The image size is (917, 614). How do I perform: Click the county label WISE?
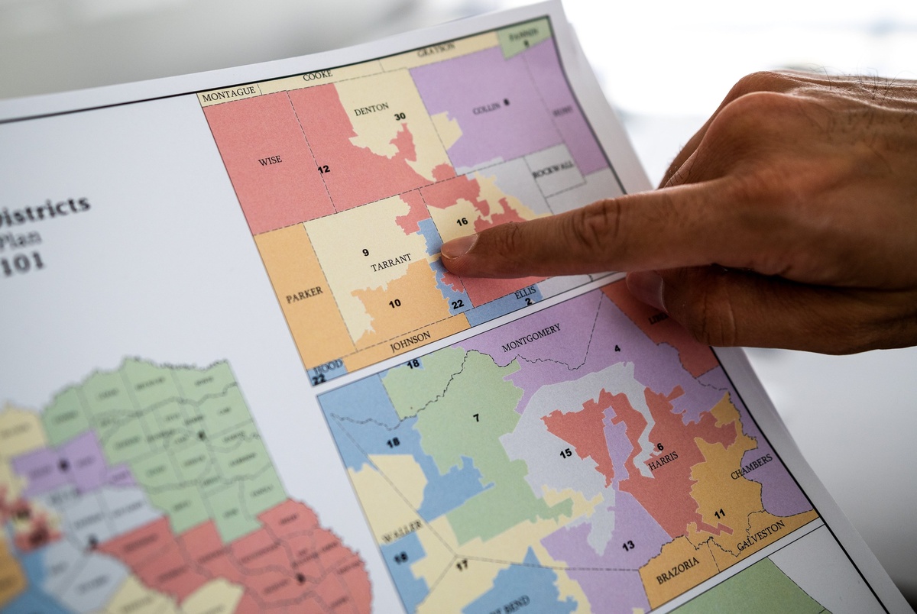pyautogui.click(x=269, y=160)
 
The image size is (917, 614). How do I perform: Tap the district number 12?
pyautogui.click(x=324, y=169)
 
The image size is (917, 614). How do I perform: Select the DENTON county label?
pyautogui.click(x=371, y=109)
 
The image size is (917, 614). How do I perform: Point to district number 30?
pyautogui.click(x=400, y=117)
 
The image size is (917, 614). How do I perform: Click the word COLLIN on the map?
pyautogui.click(x=486, y=109)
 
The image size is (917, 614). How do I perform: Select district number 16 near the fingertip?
pyautogui.click(x=462, y=222)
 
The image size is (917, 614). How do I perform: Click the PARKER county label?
pyautogui.click(x=304, y=295)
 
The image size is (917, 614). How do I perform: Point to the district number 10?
pyautogui.click(x=394, y=303)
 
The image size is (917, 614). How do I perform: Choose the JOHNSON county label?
pyautogui.click(x=411, y=339)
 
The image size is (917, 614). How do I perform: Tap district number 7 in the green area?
pyautogui.click(x=476, y=418)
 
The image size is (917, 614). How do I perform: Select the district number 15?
pyautogui.click(x=565, y=453)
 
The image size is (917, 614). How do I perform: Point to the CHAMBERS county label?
pyautogui.click(x=751, y=468)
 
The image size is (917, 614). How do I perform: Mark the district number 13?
pyautogui.click(x=627, y=545)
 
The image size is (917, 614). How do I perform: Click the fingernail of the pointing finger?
pyautogui.click(x=458, y=246)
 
